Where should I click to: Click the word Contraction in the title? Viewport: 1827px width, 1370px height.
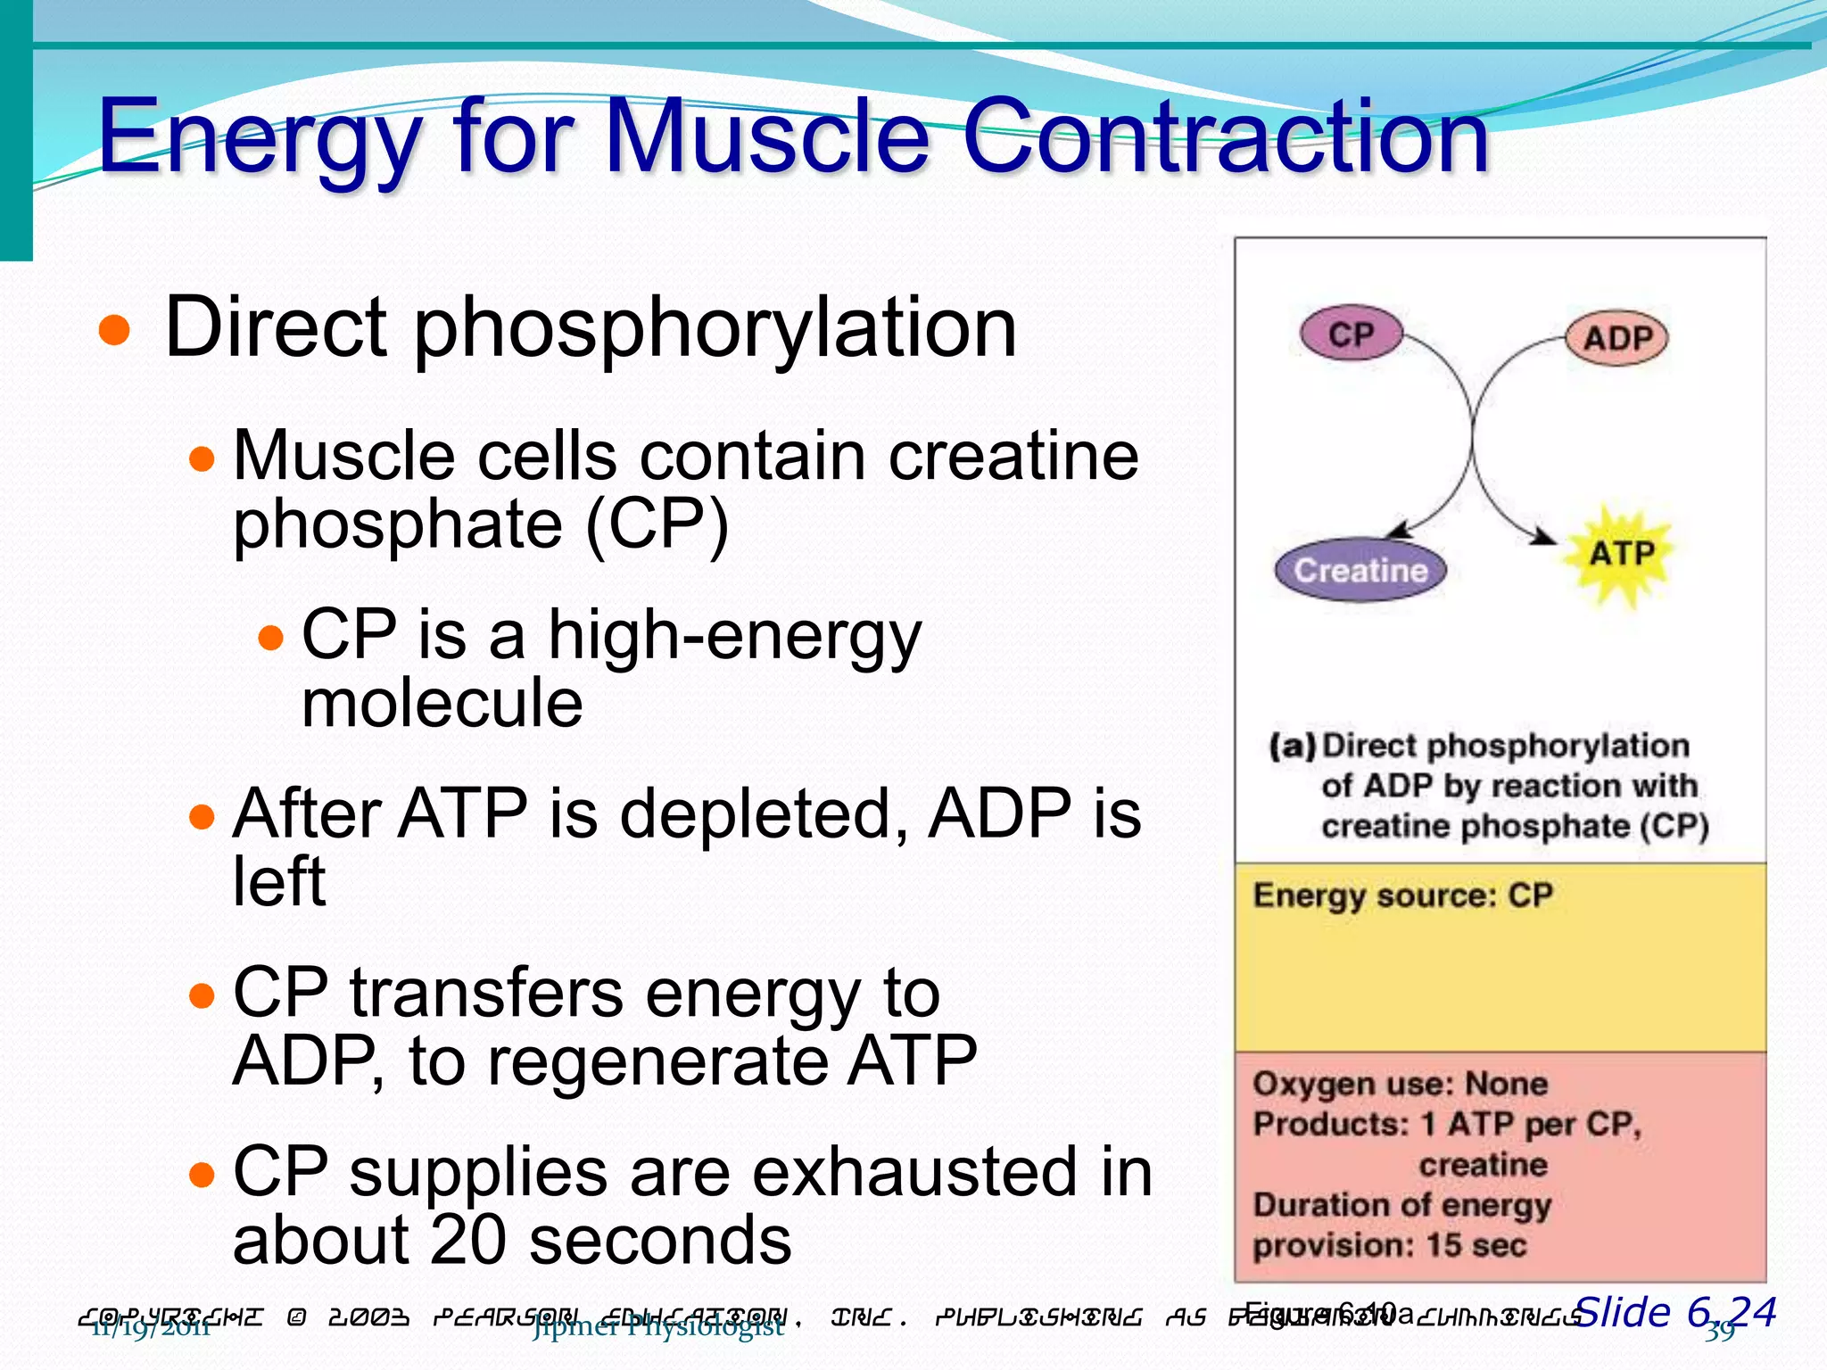coord(1226,136)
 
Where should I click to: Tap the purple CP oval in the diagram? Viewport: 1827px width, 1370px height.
coord(1351,334)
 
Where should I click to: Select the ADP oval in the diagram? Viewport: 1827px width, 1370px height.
coord(1616,339)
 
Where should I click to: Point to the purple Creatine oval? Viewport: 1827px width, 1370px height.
coord(1360,570)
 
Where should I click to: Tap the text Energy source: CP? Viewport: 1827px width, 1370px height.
coord(1402,895)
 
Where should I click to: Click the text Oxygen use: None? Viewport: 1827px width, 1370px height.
coord(1399,1085)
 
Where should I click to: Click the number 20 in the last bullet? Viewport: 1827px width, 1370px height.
coord(468,1240)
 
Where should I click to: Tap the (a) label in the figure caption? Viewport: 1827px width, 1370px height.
coord(1292,746)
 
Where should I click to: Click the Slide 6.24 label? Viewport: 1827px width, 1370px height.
coord(1675,1312)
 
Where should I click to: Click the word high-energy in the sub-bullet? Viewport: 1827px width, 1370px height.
coord(733,636)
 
